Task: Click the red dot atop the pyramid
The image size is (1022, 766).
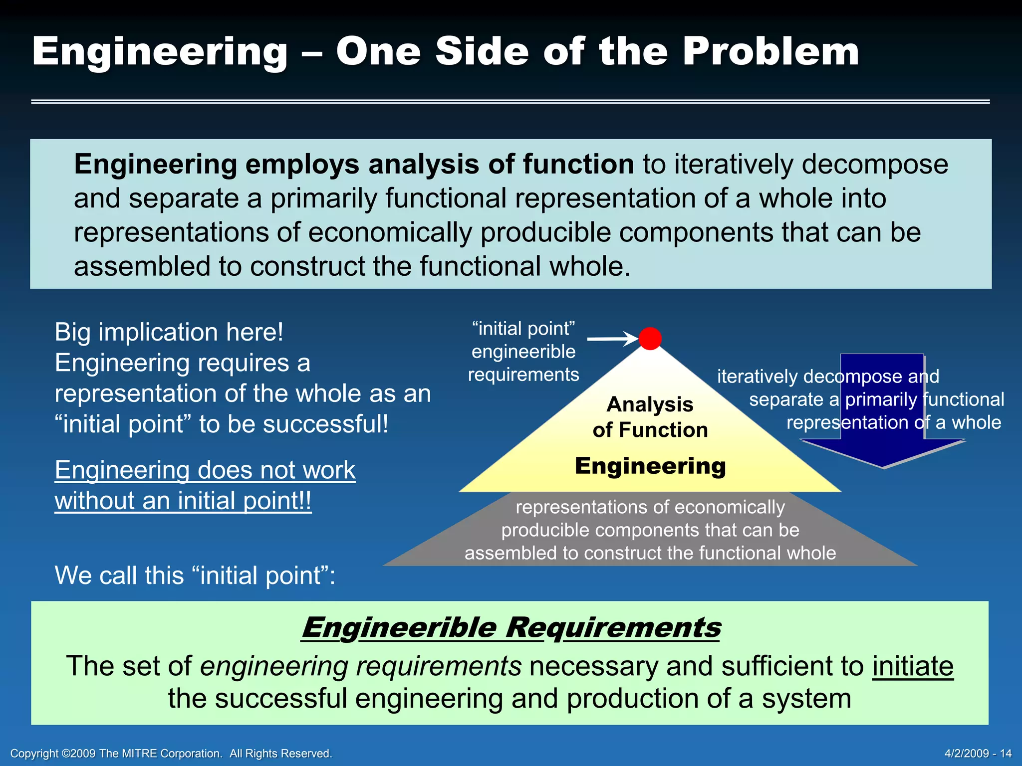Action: [x=650, y=339]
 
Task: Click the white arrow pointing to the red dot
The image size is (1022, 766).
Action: [x=613, y=339]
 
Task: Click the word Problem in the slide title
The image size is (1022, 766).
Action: [x=770, y=51]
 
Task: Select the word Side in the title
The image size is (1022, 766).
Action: [x=482, y=51]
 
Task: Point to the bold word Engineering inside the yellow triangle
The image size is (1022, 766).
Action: [x=650, y=466]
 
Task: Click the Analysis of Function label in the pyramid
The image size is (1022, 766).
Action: [x=650, y=417]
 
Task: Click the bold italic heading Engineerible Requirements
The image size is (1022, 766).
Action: [x=511, y=627]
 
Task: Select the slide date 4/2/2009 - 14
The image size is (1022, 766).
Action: [x=978, y=753]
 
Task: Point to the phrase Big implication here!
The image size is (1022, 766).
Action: [x=169, y=332]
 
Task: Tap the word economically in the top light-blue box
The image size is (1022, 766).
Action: [x=390, y=232]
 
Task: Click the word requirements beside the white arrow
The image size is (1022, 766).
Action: [x=523, y=375]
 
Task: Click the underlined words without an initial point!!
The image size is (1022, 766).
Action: [x=183, y=501]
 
